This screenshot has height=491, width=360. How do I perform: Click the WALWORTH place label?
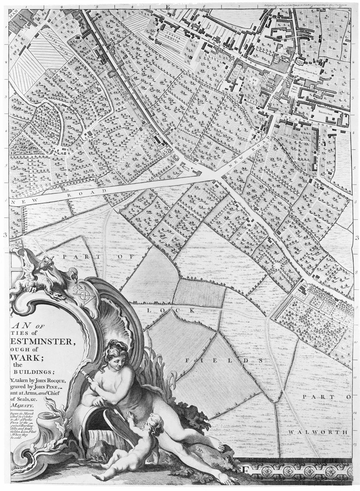coord(318,432)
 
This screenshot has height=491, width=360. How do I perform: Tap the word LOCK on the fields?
coord(171,310)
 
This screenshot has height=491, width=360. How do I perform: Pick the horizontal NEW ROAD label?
coord(85,192)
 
